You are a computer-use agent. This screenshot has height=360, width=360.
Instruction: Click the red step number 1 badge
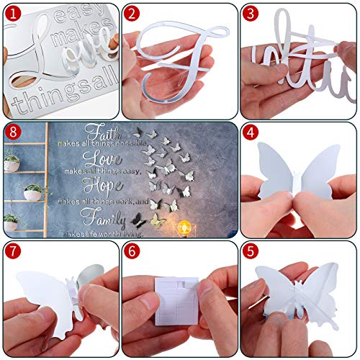[x=12, y=12]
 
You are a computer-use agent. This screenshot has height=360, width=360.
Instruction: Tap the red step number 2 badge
[x=131, y=12]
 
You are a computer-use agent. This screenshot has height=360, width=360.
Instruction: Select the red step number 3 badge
[x=250, y=12]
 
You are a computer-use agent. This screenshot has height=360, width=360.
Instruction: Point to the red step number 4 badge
[x=250, y=133]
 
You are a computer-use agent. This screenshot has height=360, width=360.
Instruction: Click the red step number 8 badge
[x=12, y=133]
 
